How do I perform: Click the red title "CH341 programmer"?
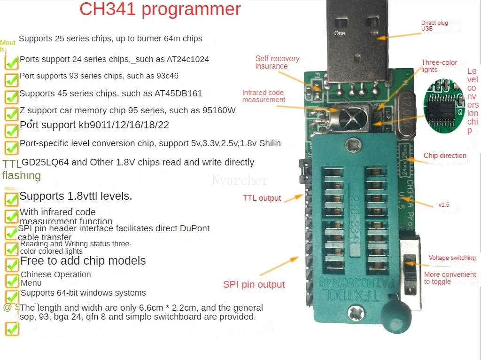point(160,9)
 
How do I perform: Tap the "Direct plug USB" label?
point(434,26)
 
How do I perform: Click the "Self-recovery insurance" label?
point(277,62)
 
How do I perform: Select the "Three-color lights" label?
point(439,66)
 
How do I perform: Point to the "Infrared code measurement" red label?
point(264,96)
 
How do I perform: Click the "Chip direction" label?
point(445,156)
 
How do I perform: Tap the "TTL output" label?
point(262,198)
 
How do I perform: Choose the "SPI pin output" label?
point(254,284)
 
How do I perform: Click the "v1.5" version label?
point(443,205)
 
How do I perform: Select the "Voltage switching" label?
point(452,258)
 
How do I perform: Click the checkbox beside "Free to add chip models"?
point(12,264)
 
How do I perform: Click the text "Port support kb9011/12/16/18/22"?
point(94,125)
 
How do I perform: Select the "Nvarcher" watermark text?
point(240,180)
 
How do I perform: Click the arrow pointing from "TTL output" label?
point(294,197)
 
